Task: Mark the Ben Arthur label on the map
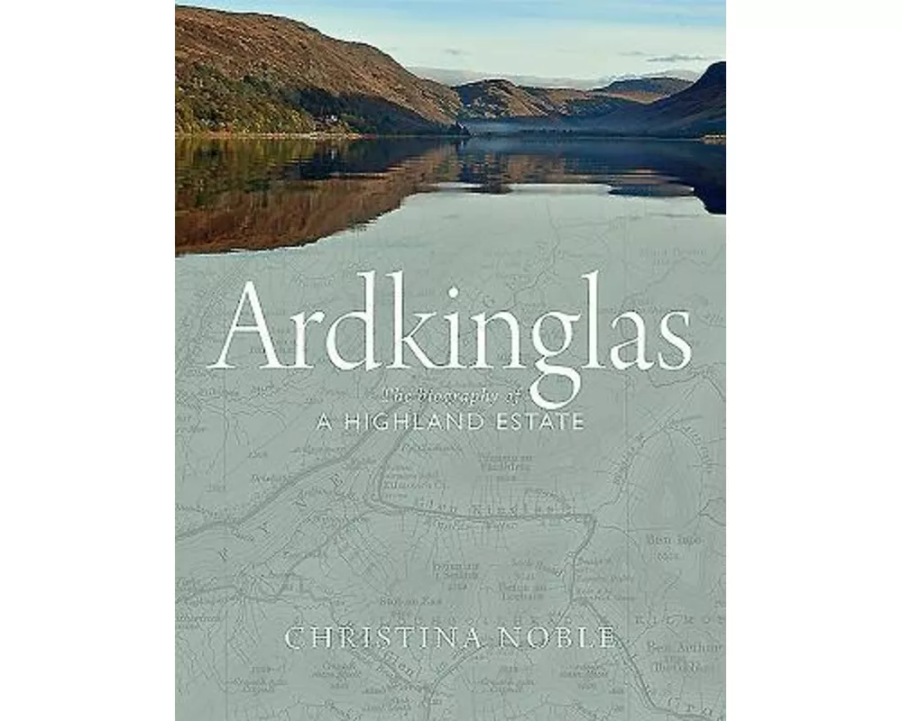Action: point(694,646)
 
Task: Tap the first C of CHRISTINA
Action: point(293,638)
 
